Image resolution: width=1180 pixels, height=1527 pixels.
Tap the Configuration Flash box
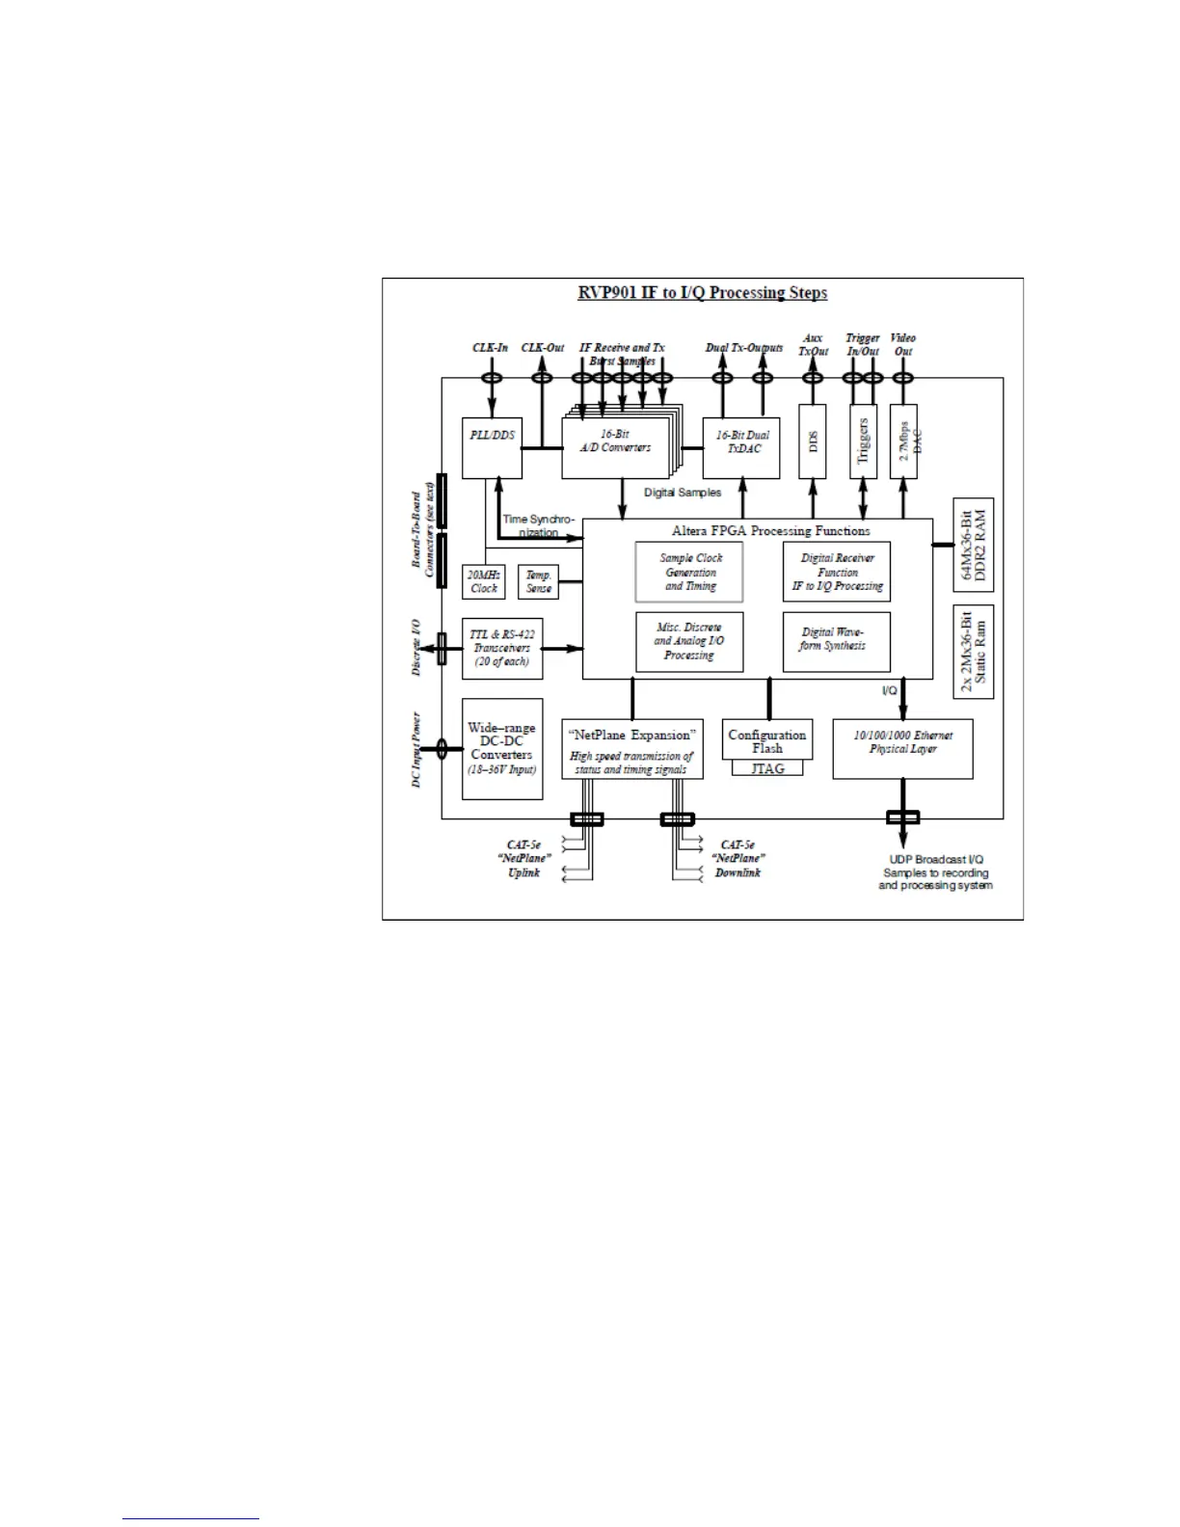(x=766, y=740)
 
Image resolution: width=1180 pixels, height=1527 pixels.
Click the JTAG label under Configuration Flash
(x=767, y=769)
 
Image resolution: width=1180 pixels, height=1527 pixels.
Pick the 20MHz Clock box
(x=483, y=581)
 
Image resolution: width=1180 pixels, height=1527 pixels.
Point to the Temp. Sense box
(x=538, y=581)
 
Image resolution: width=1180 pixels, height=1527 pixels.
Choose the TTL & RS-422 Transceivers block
(x=502, y=648)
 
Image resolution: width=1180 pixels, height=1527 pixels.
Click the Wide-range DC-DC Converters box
(x=501, y=748)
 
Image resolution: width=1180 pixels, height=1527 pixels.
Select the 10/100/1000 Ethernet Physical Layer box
(x=902, y=748)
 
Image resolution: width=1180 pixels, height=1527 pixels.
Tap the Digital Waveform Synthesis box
(x=836, y=642)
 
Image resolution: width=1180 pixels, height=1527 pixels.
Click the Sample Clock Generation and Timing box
(x=689, y=572)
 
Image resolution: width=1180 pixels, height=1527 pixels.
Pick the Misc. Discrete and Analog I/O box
(x=689, y=642)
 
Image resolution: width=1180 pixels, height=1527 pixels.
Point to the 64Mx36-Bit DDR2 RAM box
(x=973, y=545)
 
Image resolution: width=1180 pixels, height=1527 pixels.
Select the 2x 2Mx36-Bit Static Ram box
(x=973, y=652)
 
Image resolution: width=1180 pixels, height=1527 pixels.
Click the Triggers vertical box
(x=863, y=441)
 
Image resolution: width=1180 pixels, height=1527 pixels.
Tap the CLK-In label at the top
(x=490, y=348)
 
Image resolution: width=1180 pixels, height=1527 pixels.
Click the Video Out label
(x=903, y=344)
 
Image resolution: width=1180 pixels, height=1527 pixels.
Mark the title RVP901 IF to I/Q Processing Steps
(x=702, y=293)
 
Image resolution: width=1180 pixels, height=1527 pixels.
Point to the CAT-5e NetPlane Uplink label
(x=523, y=858)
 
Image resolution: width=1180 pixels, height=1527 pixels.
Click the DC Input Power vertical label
(x=416, y=750)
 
